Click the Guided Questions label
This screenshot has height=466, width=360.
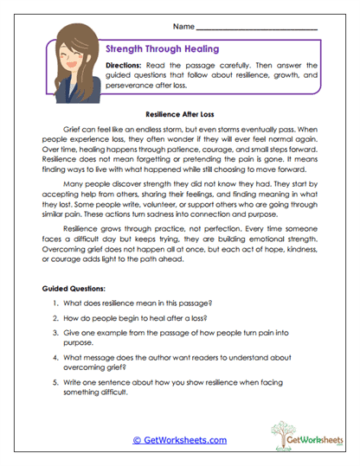pyautogui.click(x=73, y=286)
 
